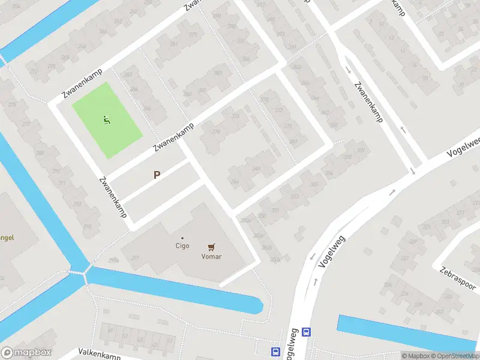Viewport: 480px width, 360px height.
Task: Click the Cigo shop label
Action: [182, 245]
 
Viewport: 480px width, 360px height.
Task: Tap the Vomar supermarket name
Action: [211, 256]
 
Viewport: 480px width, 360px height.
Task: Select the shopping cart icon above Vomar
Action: [211, 247]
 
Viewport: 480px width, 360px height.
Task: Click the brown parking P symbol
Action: [157, 175]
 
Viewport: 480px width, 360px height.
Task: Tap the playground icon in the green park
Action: [107, 120]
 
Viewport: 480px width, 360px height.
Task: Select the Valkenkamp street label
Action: [99, 353]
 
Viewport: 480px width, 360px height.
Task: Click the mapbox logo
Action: [26, 353]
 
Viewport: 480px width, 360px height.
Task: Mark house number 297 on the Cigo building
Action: [136, 258]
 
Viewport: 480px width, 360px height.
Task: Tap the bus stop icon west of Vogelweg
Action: [275, 351]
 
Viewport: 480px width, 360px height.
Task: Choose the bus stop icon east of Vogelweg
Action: [307, 332]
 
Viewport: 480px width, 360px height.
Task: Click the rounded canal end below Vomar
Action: [258, 305]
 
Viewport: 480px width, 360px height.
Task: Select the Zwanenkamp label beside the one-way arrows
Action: [368, 102]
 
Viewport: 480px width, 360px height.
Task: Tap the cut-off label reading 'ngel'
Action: [7, 238]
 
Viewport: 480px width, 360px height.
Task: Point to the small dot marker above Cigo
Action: [182, 238]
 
